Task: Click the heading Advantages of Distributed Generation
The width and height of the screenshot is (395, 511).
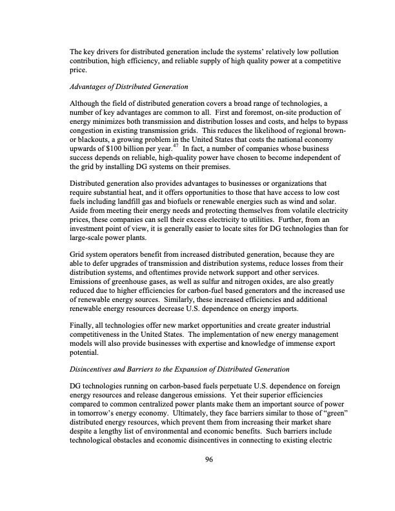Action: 128,86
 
